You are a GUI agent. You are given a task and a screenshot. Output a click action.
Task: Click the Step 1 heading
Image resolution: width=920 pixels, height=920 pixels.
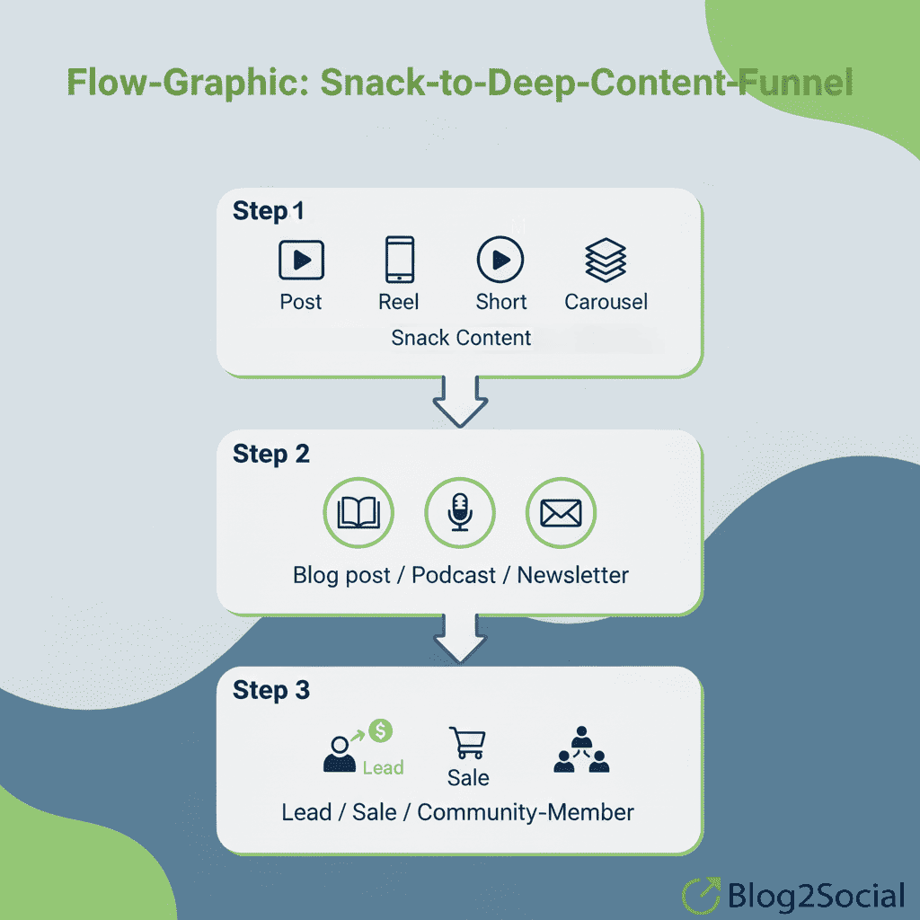(x=268, y=212)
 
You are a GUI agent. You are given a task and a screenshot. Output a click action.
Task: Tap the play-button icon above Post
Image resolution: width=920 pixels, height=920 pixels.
(x=301, y=261)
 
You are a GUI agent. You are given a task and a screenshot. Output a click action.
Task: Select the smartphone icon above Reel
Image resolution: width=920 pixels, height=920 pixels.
(x=399, y=261)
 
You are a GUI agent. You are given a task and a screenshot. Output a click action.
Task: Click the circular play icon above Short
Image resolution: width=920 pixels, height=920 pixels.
(x=500, y=261)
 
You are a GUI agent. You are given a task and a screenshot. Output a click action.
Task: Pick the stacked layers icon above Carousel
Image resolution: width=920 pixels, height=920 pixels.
(x=606, y=261)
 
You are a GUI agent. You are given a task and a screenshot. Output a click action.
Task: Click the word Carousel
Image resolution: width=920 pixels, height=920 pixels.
(x=606, y=302)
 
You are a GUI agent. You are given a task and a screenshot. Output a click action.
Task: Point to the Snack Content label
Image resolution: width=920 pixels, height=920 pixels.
(x=461, y=338)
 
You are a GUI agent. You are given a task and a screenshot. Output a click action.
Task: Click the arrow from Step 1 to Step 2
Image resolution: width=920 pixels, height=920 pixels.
(x=460, y=400)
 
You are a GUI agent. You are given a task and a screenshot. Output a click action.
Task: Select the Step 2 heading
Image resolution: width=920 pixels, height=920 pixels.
(x=270, y=455)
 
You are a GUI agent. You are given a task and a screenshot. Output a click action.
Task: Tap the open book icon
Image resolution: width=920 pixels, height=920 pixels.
(x=358, y=514)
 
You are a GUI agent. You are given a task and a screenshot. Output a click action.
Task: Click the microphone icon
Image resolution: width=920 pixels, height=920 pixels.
(x=460, y=514)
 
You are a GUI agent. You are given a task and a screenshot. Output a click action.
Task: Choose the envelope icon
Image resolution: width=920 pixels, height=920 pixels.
(x=561, y=514)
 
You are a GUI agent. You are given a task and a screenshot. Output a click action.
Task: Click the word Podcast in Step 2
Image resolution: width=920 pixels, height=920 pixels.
(x=454, y=575)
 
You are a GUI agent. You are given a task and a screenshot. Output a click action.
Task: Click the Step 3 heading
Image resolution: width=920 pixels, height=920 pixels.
(x=270, y=691)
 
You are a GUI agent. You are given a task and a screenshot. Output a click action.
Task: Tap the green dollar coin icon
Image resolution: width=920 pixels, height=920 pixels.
(x=381, y=732)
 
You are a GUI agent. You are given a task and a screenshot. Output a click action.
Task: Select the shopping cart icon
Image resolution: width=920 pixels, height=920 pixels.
(x=467, y=744)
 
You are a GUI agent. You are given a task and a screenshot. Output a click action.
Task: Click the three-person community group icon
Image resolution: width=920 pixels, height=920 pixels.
(x=580, y=750)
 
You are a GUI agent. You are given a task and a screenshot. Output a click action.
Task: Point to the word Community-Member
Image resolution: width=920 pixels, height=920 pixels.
(x=526, y=812)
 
